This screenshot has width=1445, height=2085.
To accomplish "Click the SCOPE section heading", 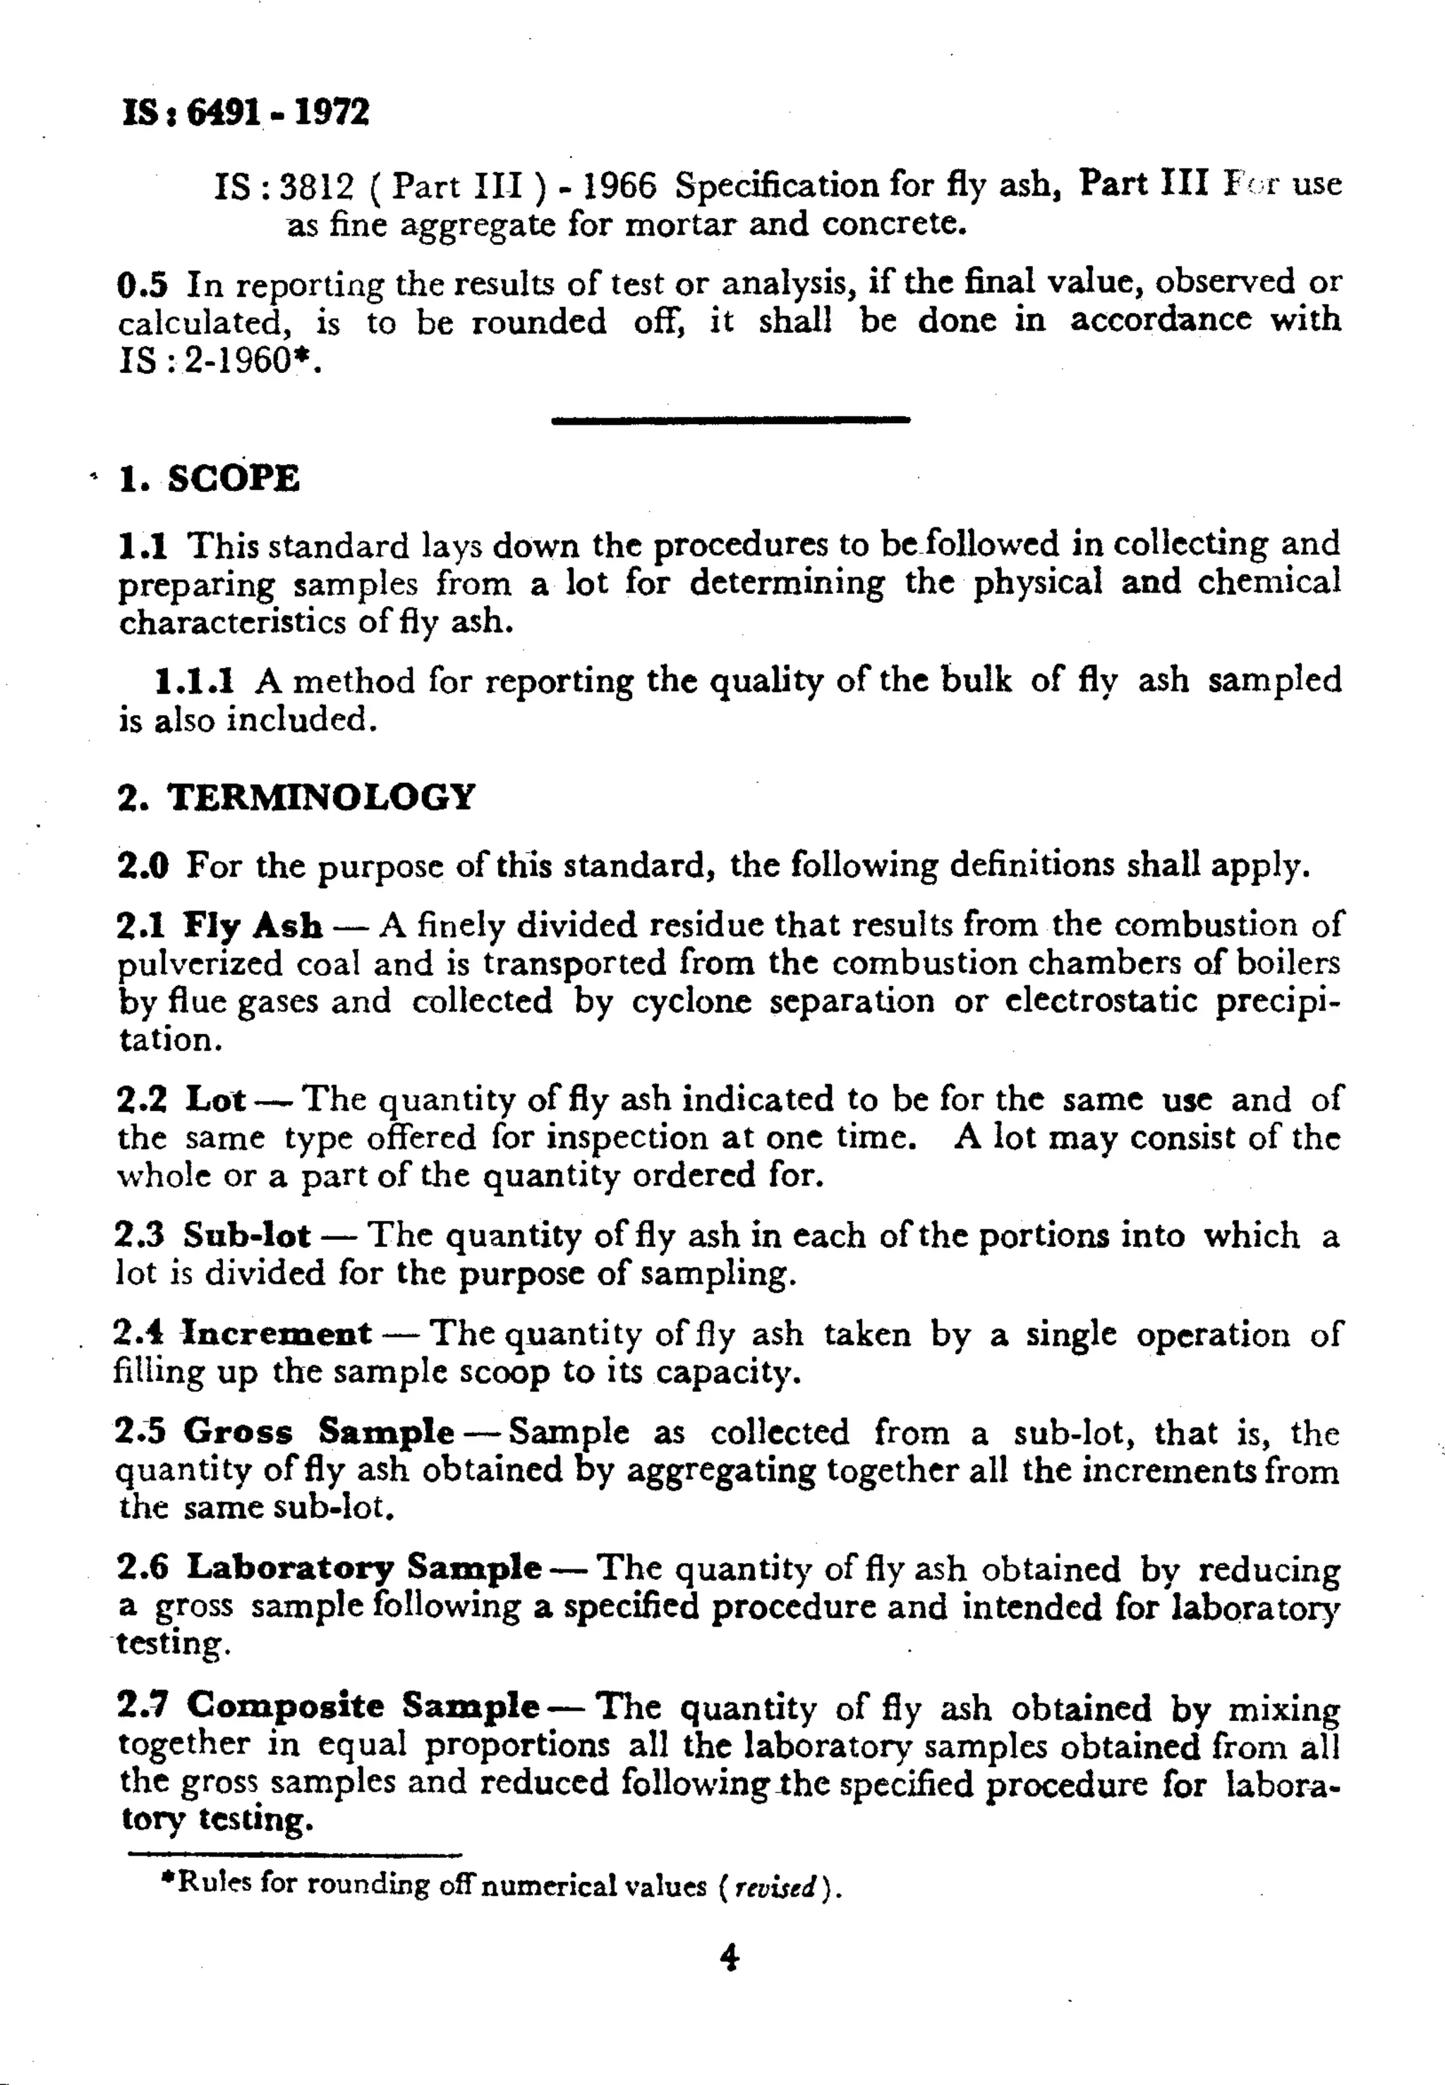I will point(233,479).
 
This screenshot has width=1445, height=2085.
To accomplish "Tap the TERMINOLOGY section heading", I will point(320,797).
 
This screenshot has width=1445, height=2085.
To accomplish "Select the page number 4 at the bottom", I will point(729,1957).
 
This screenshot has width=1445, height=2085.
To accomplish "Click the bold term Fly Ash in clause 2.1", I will point(253,925).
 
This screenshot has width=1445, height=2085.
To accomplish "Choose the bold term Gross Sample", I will point(318,1432).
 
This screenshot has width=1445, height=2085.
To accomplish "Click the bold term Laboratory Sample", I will point(364,1567).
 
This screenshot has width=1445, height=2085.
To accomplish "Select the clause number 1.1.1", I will point(195,681).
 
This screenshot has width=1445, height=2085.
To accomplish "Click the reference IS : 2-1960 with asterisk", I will point(220,361).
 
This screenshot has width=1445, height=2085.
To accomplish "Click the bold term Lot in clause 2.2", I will point(215,1099).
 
